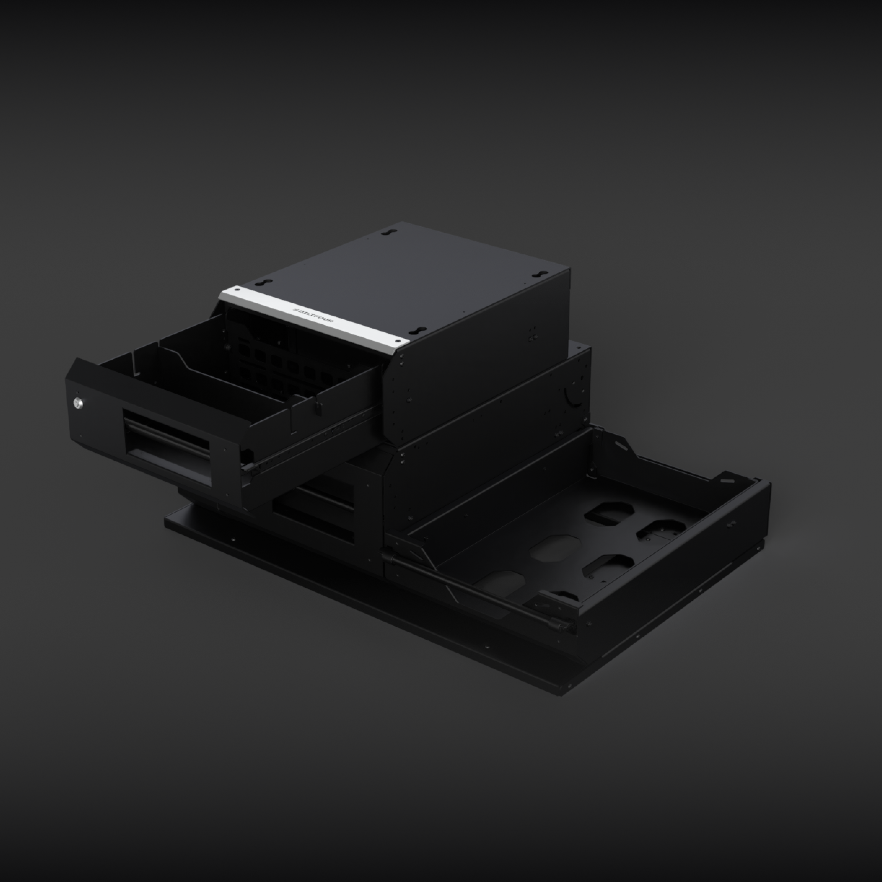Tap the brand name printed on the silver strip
coord(314,315)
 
